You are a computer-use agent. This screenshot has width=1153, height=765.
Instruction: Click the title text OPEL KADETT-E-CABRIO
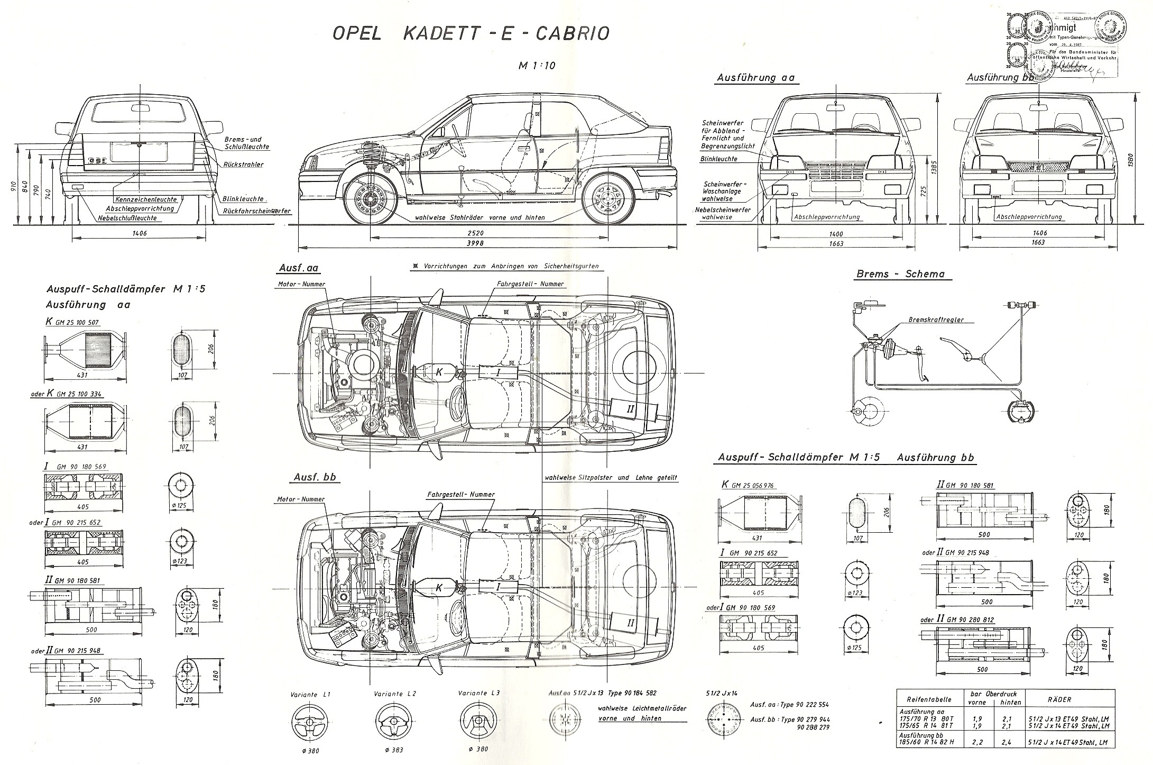tap(470, 33)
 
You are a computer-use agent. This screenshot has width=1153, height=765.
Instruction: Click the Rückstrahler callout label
tap(243, 165)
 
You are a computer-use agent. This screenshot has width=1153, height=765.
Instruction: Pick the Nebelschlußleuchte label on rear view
tap(127, 217)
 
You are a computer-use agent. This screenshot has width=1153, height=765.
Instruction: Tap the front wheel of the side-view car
tap(370, 199)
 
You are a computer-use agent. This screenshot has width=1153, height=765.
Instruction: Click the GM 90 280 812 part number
tap(970, 620)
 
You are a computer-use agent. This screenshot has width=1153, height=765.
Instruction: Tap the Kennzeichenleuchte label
tap(147, 200)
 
